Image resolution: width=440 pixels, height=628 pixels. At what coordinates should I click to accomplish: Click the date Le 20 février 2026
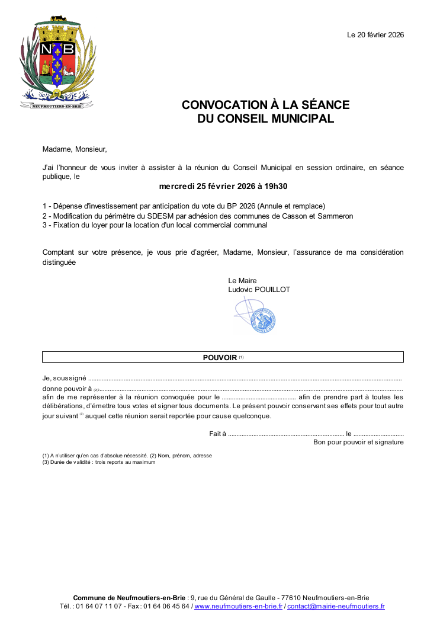click(x=375, y=35)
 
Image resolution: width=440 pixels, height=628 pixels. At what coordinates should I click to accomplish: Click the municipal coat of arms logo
click(x=57, y=62)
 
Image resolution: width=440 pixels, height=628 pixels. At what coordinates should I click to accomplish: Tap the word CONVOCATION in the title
click(x=222, y=105)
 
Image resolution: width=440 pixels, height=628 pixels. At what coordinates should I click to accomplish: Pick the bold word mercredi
click(x=176, y=187)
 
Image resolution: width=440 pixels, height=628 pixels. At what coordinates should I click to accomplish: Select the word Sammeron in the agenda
click(x=336, y=216)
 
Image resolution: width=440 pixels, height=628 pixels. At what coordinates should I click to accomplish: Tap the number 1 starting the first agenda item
click(x=45, y=206)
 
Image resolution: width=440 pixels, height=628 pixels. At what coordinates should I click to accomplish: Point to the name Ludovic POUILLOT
click(x=259, y=290)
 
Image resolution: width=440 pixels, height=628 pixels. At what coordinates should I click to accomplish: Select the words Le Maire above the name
click(x=242, y=281)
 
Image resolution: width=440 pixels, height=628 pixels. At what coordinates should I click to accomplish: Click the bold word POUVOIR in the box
click(x=220, y=357)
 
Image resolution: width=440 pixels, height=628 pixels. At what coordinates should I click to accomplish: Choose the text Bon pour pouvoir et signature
click(x=358, y=442)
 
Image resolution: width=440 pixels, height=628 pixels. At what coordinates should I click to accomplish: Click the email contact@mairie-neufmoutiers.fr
click(x=336, y=607)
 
